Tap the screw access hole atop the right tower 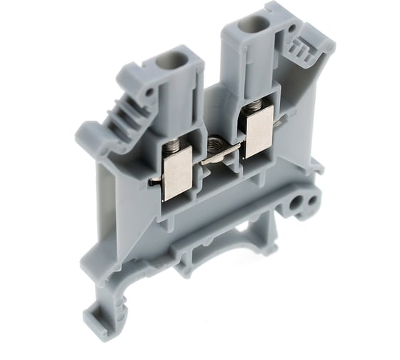click(x=249, y=26)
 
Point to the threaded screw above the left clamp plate click(x=174, y=148)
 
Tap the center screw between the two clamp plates click(x=215, y=146)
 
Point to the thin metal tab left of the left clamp click(x=154, y=183)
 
